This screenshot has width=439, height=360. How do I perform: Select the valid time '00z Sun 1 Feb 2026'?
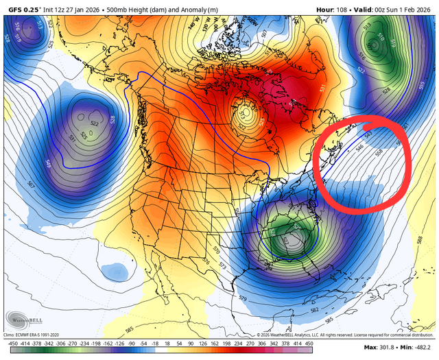(x=400, y=7)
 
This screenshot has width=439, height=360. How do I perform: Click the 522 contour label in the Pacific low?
(x=94, y=123)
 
